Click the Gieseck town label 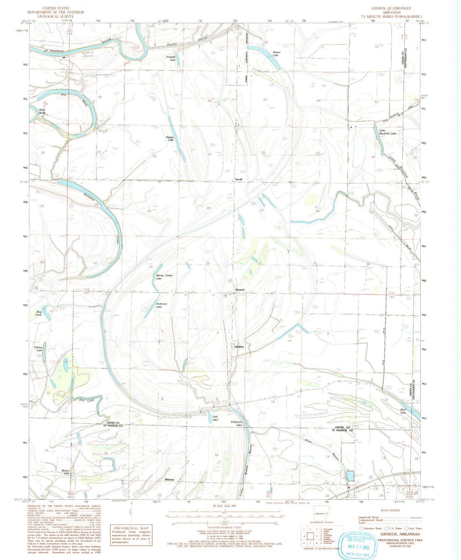click(x=240, y=290)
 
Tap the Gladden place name click(x=239, y=347)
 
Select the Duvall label click(x=239, y=179)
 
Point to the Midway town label click(x=169, y=480)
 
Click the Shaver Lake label click(x=276, y=54)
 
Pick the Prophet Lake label click(x=171, y=58)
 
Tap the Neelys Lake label click(x=170, y=138)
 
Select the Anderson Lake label click(x=161, y=305)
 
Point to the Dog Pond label click(x=39, y=313)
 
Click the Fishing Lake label click(x=38, y=349)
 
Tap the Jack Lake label click(x=215, y=418)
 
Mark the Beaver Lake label click(x=66, y=472)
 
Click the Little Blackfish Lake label click(x=387, y=132)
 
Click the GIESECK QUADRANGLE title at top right click(x=391, y=8)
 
